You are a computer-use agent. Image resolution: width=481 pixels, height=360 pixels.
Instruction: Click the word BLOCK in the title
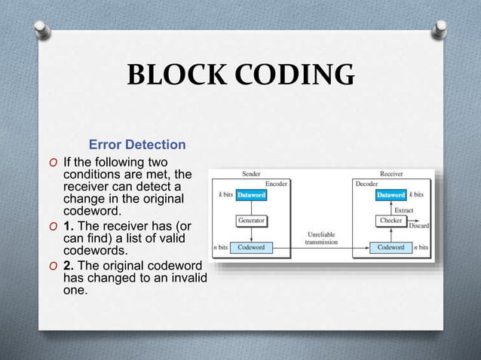click(x=172, y=75)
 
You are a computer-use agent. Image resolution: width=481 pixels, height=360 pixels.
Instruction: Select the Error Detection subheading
click(x=137, y=144)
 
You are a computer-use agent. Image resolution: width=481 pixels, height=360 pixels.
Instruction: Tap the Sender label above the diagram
click(x=251, y=173)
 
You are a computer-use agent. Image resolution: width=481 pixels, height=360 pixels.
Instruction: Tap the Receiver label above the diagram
click(x=392, y=173)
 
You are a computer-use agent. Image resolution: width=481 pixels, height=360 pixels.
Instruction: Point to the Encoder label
click(x=274, y=183)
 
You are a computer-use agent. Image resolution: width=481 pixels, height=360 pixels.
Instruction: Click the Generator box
click(x=251, y=221)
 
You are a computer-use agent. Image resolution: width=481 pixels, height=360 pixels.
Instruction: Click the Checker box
click(x=391, y=221)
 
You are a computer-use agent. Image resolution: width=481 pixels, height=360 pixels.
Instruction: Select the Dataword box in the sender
click(x=251, y=195)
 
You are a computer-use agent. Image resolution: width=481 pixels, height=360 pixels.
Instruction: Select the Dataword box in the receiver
click(x=391, y=195)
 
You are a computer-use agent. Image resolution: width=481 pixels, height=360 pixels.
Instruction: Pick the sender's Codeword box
click(x=251, y=247)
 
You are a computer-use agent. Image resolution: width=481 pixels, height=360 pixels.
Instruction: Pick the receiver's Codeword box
click(x=391, y=247)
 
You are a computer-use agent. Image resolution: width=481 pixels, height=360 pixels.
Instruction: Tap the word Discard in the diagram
click(x=419, y=226)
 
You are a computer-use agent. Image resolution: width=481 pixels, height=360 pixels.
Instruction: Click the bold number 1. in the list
click(x=68, y=226)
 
